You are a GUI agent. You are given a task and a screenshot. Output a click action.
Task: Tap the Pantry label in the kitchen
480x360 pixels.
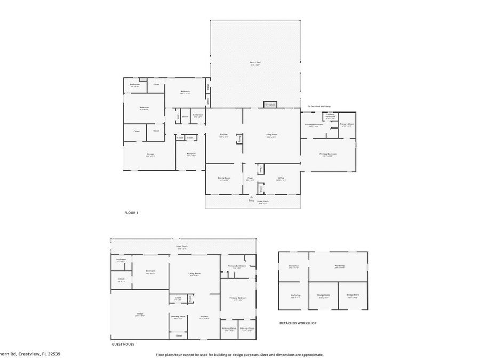(x=240, y=139)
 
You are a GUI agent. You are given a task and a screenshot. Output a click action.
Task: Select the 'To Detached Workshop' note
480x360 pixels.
(x=319, y=106)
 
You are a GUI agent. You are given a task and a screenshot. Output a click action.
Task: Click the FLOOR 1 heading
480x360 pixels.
(x=131, y=213)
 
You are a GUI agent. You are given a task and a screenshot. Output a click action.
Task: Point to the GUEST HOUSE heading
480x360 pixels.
(x=123, y=345)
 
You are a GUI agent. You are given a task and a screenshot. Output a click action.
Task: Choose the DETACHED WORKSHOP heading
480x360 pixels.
(x=298, y=323)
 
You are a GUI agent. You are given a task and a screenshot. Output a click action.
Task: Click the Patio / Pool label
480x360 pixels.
(x=255, y=63)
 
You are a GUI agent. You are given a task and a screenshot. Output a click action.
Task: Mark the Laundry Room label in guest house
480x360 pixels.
(x=178, y=317)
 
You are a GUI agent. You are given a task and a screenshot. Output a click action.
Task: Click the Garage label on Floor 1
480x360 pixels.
(x=150, y=154)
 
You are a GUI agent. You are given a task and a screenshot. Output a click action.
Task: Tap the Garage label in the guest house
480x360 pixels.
(x=140, y=314)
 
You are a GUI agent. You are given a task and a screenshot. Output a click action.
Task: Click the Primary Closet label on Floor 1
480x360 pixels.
(x=347, y=124)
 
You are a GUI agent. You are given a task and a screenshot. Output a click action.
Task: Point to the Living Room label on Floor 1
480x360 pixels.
(x=272, y=134)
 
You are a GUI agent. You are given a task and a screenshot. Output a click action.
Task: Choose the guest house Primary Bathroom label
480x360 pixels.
(x=237, y=266)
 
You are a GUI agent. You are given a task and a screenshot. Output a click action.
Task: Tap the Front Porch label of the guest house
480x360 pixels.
(x=182, y=246)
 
